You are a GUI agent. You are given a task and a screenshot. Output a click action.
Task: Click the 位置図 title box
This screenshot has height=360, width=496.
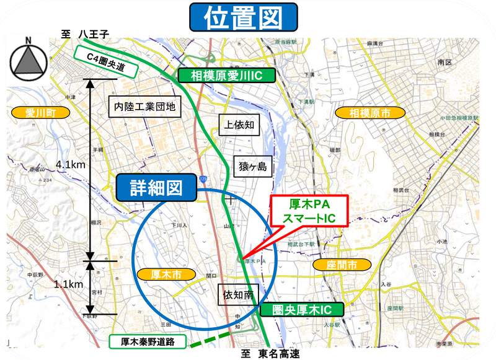point(242,18)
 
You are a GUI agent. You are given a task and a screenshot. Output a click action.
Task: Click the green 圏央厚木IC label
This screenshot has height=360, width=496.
point(301,309)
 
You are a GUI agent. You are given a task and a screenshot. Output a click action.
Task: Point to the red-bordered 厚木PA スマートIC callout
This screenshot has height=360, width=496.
point(309,211)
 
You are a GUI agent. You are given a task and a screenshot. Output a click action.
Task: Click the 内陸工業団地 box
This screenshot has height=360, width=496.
point(144,107)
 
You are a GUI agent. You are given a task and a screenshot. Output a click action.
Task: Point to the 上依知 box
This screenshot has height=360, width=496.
point(239,124)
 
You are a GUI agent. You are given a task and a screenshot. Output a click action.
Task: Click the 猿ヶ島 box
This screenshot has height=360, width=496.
point(252,166)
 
